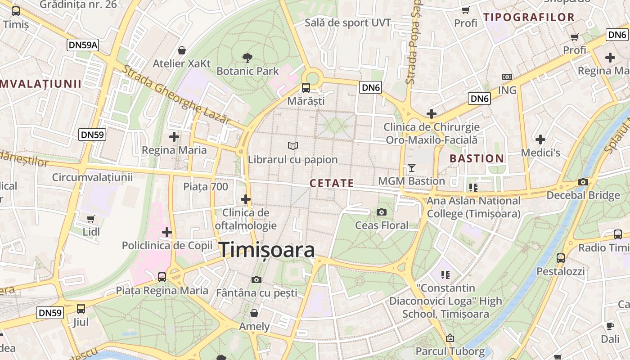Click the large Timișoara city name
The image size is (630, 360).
click(x=267, y=250)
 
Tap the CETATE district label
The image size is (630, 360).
click(x=332, y=183)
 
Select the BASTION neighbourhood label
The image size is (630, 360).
click(x=477, y=158)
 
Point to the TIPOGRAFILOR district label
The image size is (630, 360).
click(x=529, y=18)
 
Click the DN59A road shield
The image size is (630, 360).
click(x=83, y=45)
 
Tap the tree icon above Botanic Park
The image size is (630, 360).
click(x=247, y=57)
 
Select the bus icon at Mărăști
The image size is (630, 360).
click(x=306, y=87)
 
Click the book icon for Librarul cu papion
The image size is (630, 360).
click(x=293, y=146)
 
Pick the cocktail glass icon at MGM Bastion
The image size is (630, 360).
click(x=411, y=168)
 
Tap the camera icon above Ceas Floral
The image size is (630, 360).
click(x=382, y=212)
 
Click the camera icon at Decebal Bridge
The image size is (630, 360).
click(x=583, y=182)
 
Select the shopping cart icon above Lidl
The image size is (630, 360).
click(x=91, y=219)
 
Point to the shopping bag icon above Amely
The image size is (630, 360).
click(x=254, y=313)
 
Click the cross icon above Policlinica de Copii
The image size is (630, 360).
click(x=167, y=232)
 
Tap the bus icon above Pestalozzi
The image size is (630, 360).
click(x=561, y=258)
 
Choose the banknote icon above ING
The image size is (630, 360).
click(x=507, y=77)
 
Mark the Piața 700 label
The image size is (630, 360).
click(x=206, y=186)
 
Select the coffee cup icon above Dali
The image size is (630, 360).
click(x=610, y=326)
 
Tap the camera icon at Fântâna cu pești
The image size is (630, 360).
click(x=256, y=279)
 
